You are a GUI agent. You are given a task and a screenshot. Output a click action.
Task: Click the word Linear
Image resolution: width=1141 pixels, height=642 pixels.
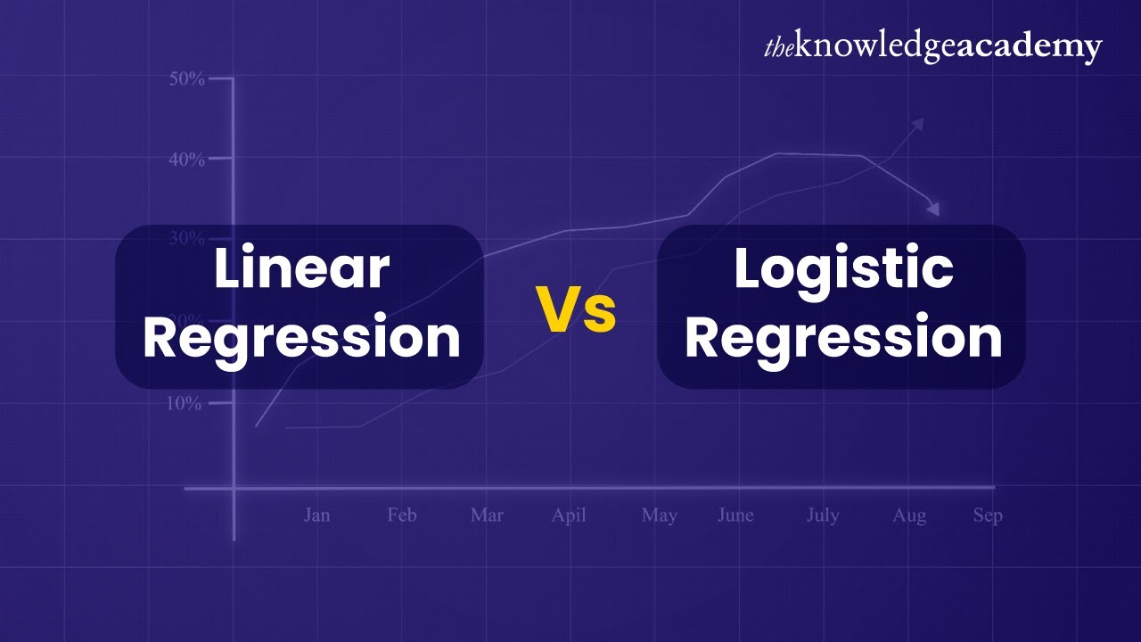coord(301,268)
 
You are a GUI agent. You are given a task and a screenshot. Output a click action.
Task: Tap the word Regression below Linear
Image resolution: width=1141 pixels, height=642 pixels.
coord(301,339)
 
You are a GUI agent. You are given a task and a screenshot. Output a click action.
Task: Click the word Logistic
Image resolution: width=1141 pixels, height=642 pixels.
coord(842,268)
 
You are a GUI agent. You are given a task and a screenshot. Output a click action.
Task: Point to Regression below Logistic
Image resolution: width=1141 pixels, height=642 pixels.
coord(842,339)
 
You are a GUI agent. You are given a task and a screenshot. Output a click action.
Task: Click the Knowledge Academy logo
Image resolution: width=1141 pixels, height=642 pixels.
coord(932,47)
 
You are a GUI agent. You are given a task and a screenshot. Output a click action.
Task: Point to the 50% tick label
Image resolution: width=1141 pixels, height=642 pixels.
coord(186,78)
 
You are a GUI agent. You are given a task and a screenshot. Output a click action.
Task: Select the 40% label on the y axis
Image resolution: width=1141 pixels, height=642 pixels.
coord(186,159)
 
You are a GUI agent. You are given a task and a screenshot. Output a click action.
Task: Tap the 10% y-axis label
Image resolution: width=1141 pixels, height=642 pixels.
coord(185,403)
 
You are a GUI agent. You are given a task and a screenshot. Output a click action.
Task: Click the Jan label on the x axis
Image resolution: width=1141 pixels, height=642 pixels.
coord(316,515)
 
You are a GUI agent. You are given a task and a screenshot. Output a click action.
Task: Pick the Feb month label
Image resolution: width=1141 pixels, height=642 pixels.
coord(402,515)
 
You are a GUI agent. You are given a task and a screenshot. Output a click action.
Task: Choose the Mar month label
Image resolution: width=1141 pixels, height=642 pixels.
coord(487,515)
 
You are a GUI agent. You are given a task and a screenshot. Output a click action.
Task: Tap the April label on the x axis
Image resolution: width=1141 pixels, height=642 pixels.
coord(569,516)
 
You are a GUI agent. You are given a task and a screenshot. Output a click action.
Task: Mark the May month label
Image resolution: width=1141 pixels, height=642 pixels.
coord(659,516)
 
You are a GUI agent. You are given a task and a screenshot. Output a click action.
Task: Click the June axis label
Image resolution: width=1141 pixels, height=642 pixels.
coord(735,515)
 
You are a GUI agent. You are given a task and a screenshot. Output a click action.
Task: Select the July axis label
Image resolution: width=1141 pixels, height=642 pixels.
coord(822,516)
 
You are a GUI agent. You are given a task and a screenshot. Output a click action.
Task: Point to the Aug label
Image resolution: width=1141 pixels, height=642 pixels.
coord(909,516)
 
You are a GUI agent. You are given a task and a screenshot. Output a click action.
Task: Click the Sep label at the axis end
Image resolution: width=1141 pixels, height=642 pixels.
coord(988,516)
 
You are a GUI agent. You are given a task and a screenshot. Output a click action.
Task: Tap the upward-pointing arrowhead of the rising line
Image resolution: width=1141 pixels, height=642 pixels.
coord(918,122)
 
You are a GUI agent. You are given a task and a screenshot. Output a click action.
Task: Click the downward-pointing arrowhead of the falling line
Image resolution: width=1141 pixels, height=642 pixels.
coord(933,210)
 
